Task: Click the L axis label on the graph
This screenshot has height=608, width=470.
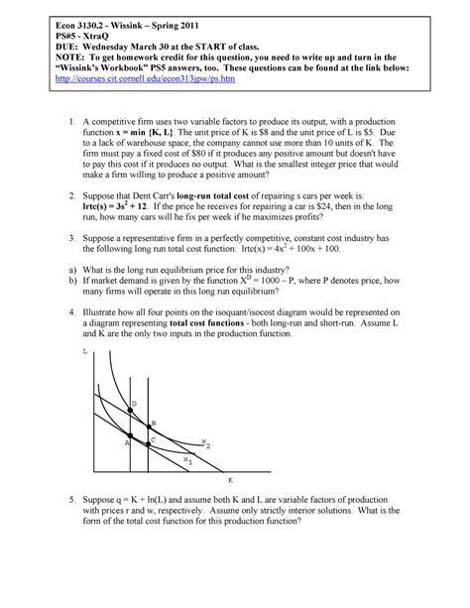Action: pos(86,352)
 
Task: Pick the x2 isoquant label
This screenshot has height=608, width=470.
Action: pos(205,443)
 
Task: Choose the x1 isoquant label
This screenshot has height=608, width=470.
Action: pos(188,461)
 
